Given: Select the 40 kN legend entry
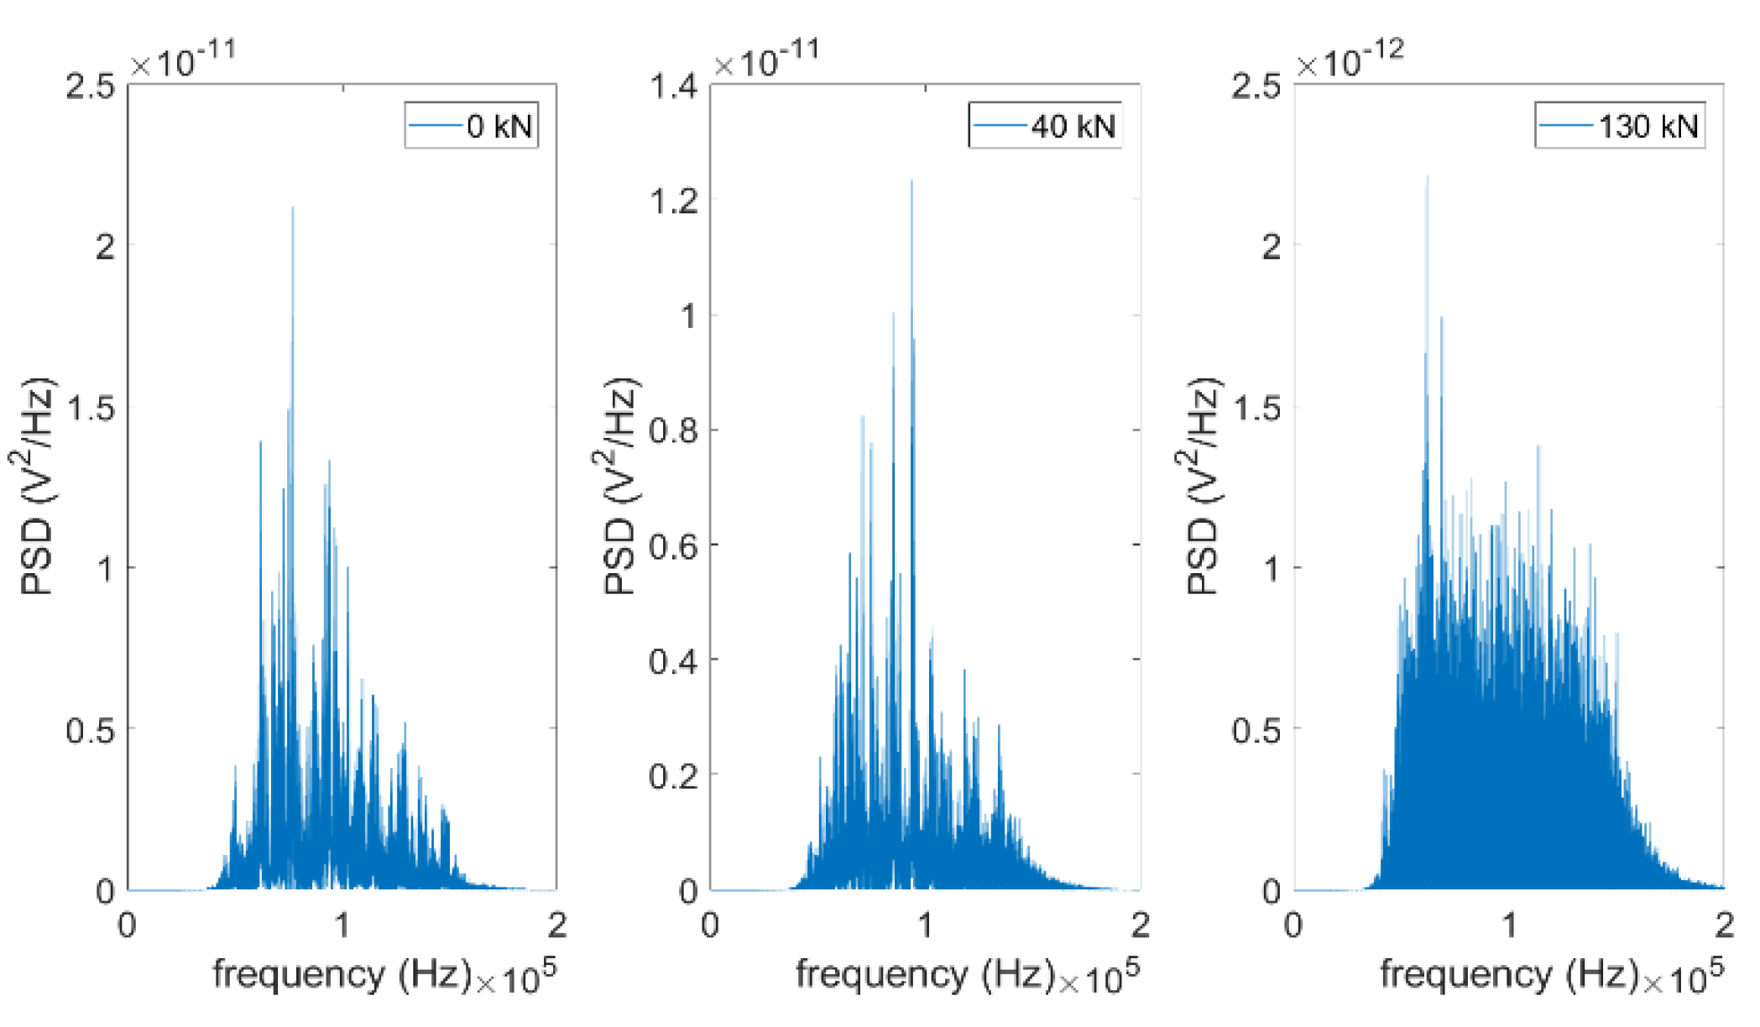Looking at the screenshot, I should [1046, 126].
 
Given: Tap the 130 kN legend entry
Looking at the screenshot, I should [1620, 126].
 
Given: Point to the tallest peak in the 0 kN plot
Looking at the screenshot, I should [292, 210].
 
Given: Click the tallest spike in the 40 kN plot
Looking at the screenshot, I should [911, 182].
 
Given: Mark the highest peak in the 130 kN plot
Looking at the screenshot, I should [1427, 178].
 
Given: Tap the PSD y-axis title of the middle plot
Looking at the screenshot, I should [621, 487].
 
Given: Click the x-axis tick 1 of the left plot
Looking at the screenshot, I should [342, 925].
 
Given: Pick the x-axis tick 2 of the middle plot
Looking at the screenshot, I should [1140, 925].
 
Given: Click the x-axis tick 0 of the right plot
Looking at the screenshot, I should [1294, 925].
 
